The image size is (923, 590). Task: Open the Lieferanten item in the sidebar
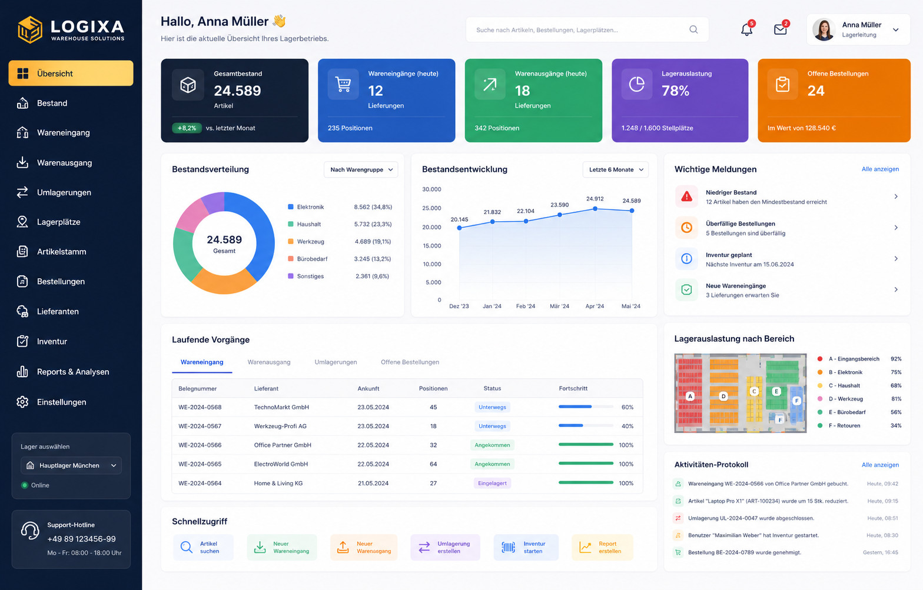click(58, 311)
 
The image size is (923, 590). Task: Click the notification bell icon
click(746, 29)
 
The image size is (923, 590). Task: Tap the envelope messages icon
click(780, 29)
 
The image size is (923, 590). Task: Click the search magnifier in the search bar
click(693, 29)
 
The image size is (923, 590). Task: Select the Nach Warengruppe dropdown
click(360, 169)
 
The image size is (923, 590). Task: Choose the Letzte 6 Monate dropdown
click(616, 169)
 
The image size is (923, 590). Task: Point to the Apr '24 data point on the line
click(595, 209)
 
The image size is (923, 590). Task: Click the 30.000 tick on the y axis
click(431, 189)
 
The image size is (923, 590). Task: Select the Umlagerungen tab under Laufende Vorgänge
click(336, 362)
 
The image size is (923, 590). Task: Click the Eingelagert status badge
click(492, 484)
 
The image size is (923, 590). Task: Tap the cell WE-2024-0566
click(200, 445)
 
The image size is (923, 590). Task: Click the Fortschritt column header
click(573, 388)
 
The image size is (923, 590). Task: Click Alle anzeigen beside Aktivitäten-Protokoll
click(880, 465)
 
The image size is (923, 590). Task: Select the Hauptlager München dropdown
click(71, 466)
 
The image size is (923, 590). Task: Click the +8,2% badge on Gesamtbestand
click(187, 128)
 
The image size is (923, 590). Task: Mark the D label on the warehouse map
click(723, 396)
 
